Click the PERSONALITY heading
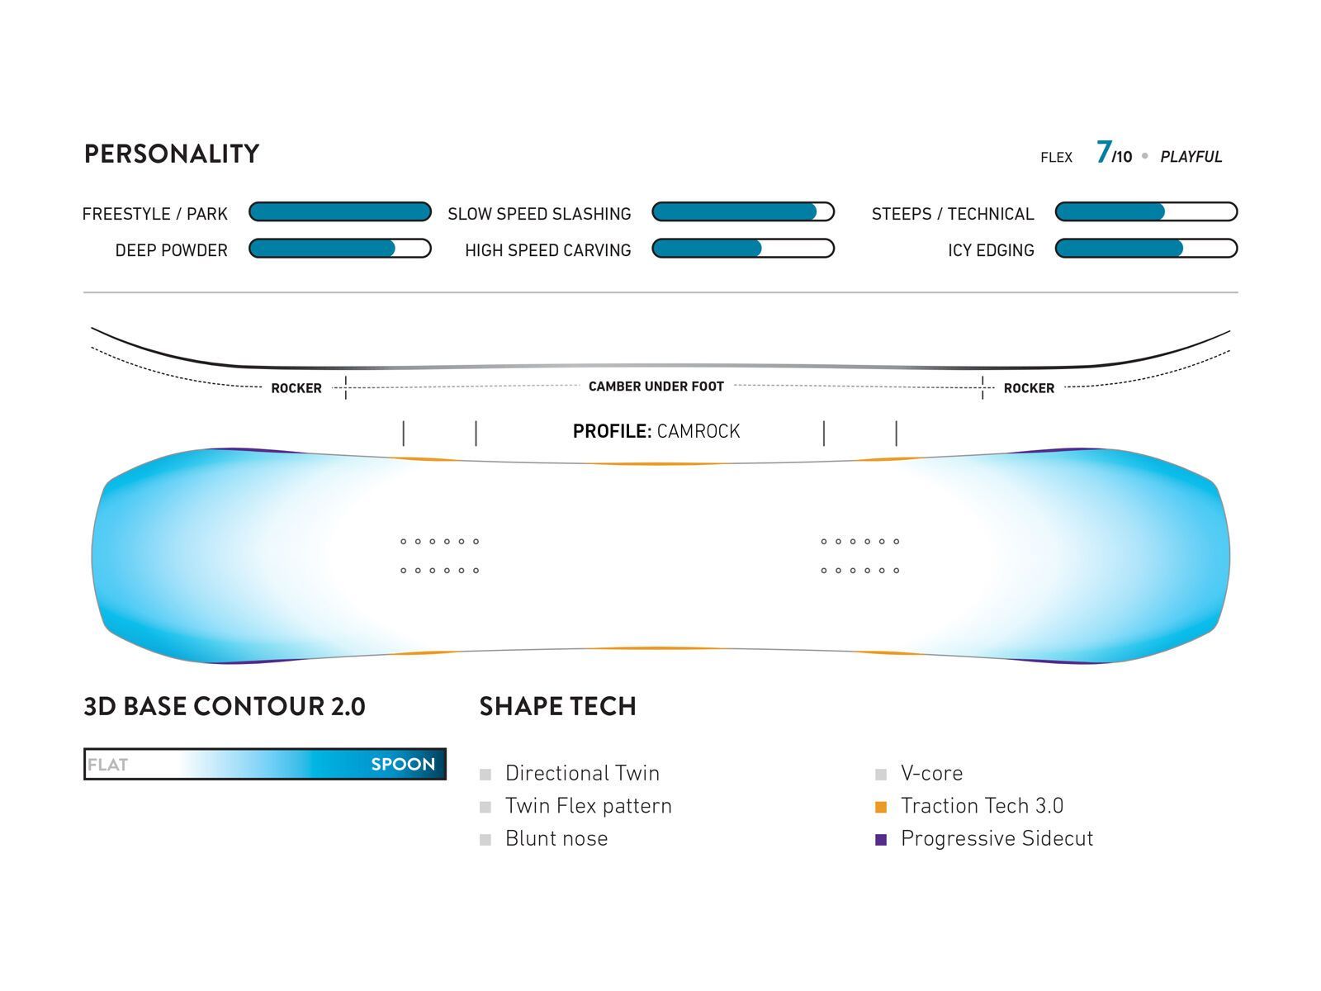pos(172,154)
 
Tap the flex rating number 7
pos(1103,153)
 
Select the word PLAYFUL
pos(1191,157)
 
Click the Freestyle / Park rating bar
pos(340,212)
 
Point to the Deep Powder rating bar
pos(340,249)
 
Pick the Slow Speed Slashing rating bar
pos(743,212)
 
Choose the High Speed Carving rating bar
pos(743,249)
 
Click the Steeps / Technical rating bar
pos(1146,212)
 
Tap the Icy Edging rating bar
pos(1146,249)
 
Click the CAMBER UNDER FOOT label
pos(656,386)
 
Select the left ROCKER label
pos(296,388)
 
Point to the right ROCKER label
pos(1029,388)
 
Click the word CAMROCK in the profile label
pos(698,431)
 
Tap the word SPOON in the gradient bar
pos(403,765)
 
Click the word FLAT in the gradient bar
pos(108,765)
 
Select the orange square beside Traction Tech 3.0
pos(881,807)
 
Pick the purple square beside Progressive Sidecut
pos(881,840)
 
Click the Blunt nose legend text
pos(556,839)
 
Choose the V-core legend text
pos(931,774)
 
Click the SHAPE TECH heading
pos(557,707)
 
